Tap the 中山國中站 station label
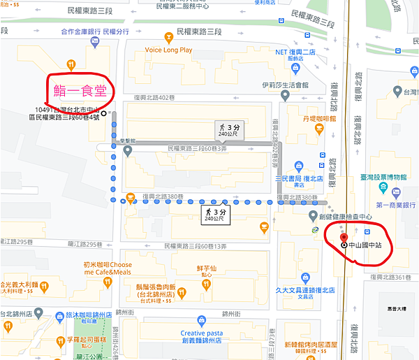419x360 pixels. tap(369, 246)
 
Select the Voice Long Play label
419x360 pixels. tap(168, 50)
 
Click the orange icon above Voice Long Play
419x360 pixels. tap(168, 37)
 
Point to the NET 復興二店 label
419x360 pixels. tap(297, 52)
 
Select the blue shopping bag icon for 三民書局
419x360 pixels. tap(298, 166)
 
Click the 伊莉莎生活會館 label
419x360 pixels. tap(286, 86)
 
